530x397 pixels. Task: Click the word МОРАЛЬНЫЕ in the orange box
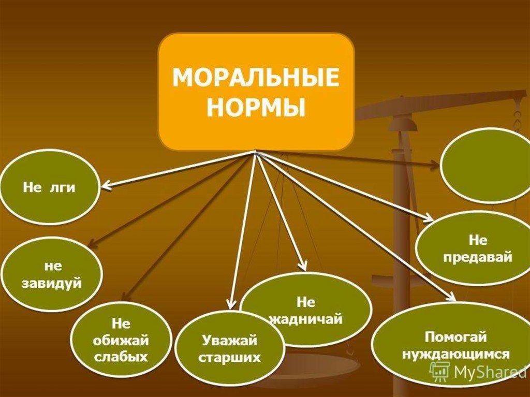coord(256,80)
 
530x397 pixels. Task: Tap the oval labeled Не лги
coord(49,187)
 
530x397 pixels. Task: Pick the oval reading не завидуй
coord(51,275)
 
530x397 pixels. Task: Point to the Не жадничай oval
coord(306,310)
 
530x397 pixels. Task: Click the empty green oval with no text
coord(484,166)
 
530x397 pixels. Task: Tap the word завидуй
coord(51,283)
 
